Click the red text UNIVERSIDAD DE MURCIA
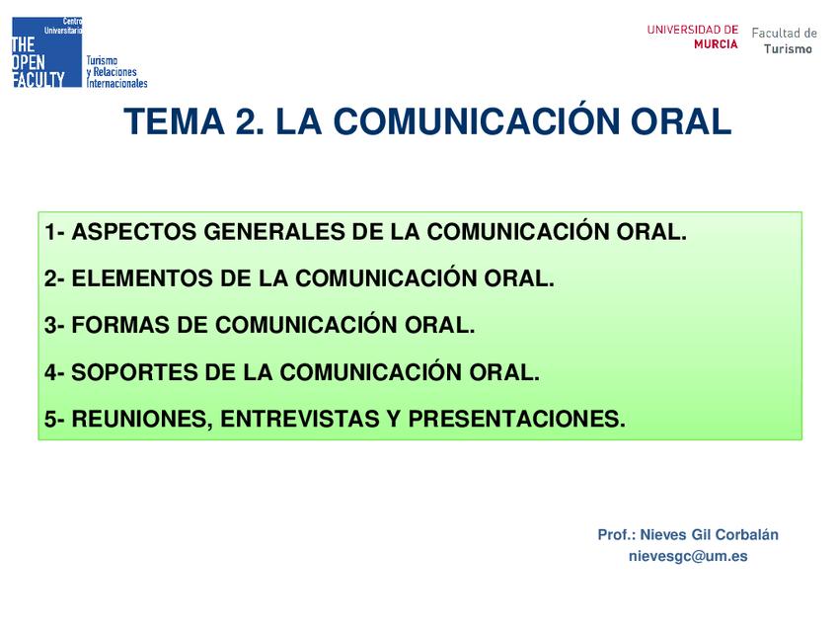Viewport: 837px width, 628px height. (x=692, y=37)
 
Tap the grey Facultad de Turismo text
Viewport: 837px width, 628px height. (x=785, y=40)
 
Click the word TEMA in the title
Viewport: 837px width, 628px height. (x=174, y=121)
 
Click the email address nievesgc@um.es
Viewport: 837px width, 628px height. (x=688, y=556)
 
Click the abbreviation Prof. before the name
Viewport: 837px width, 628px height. (x=616, y=534)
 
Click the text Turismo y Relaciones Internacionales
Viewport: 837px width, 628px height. (x=116, y=72)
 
